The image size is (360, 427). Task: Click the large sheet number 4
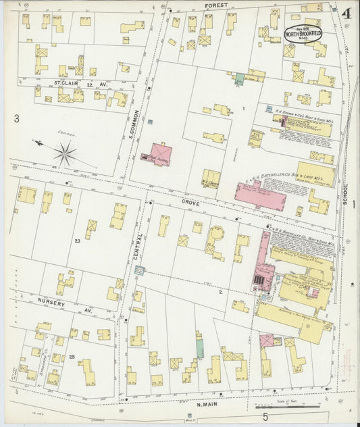coord(345,14)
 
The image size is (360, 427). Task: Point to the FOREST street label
coord(215,5)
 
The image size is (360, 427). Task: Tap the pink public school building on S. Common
coord(160,153)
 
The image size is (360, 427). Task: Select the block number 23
coord(78,241)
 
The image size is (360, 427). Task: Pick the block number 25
coord(72,356)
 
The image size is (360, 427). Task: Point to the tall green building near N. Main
coord(200,347)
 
